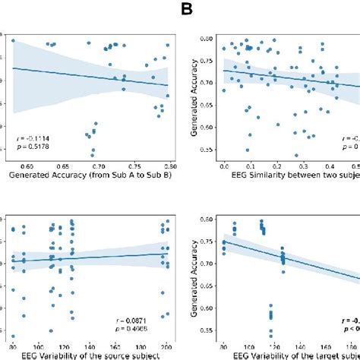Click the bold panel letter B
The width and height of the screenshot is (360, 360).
click(185, 11)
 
